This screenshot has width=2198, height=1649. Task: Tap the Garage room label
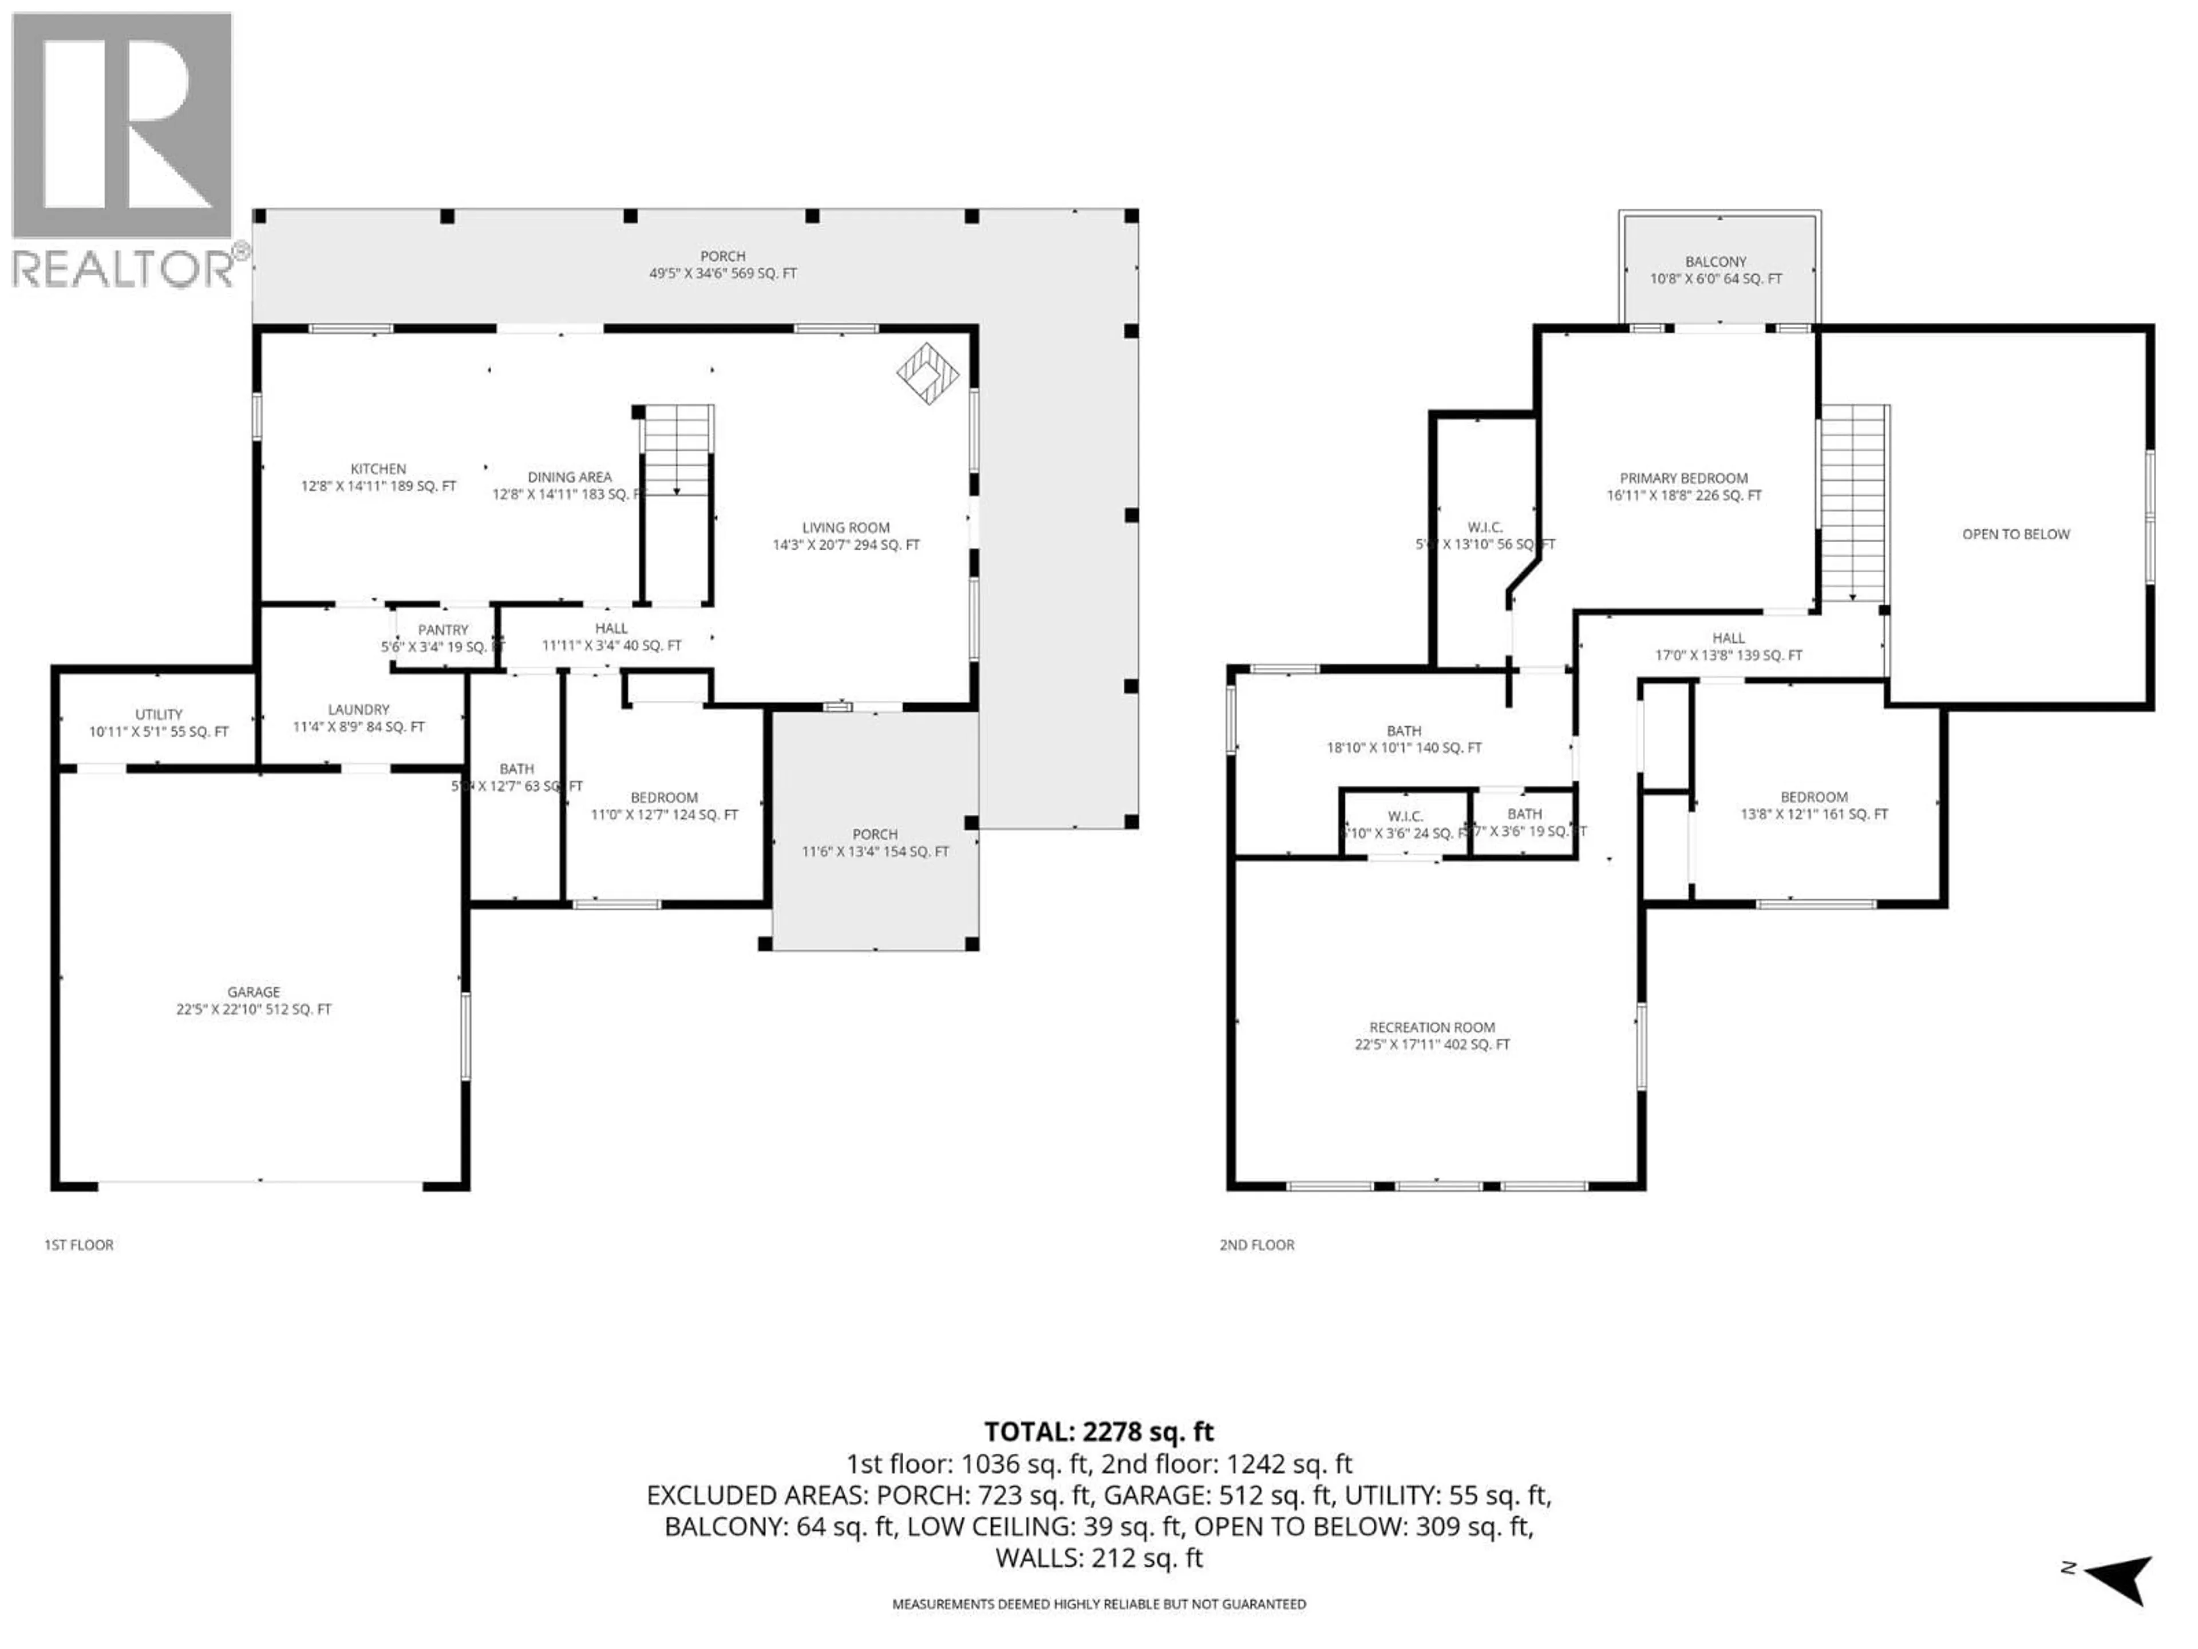click(254, 1000)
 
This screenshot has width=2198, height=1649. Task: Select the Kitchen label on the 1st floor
click(378, 477)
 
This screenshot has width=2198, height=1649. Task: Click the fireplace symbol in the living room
click(927, 374)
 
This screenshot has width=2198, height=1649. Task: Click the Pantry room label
click(442, 637)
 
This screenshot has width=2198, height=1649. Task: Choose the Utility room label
click(159, 723)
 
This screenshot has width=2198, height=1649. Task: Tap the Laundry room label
click(359, 717)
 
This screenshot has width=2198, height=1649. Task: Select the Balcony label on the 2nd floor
click(1716, 269)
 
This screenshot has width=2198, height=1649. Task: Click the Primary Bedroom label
click(1683, 486)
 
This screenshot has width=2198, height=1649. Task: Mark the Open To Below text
click(2015, 534)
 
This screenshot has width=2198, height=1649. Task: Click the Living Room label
click(845, 536)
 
